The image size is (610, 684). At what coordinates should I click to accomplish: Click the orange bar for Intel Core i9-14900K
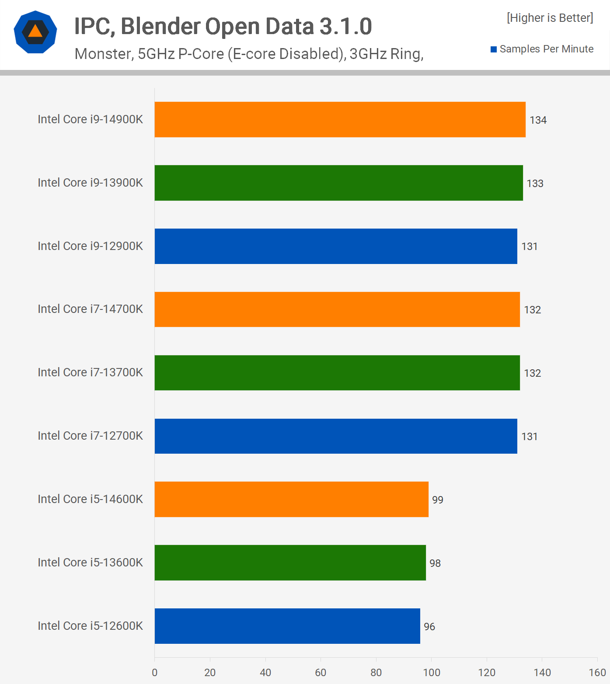pos(340,120)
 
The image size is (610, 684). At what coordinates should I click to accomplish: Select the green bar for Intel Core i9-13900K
pos(338,183)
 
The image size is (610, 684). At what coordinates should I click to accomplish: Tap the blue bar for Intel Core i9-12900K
pos(336,246)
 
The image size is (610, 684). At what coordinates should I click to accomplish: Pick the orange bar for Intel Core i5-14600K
pos(291,499)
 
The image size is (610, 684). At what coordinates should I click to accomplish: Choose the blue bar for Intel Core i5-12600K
pos(287,626)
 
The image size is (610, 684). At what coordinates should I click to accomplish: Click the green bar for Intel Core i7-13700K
pos(337,373)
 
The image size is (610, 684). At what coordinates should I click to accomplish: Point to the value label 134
pos(538,120)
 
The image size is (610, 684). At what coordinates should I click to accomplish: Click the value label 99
pos(437,500)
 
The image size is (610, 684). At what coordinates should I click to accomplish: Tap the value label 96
pos(429,627)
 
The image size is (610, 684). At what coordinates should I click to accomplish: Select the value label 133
pos(535,184)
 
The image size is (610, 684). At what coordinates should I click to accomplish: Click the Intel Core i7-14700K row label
pos(90,309)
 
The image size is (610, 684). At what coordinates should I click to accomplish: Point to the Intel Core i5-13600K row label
pos(90,562)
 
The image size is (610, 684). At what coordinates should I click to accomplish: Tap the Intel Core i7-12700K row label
pos(90,436)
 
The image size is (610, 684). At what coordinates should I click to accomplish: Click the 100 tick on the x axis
pos(431,673)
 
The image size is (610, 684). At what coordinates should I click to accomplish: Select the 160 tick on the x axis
pos(597,673)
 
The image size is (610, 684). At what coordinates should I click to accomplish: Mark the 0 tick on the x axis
pos(154,673)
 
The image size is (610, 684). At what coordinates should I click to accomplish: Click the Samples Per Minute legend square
pos(494,49)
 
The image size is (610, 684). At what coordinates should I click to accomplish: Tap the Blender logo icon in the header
pos(35,32)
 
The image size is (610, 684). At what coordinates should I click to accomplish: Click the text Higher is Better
pos(550,18)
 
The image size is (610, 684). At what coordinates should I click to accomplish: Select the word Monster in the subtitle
pos(103,54)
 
